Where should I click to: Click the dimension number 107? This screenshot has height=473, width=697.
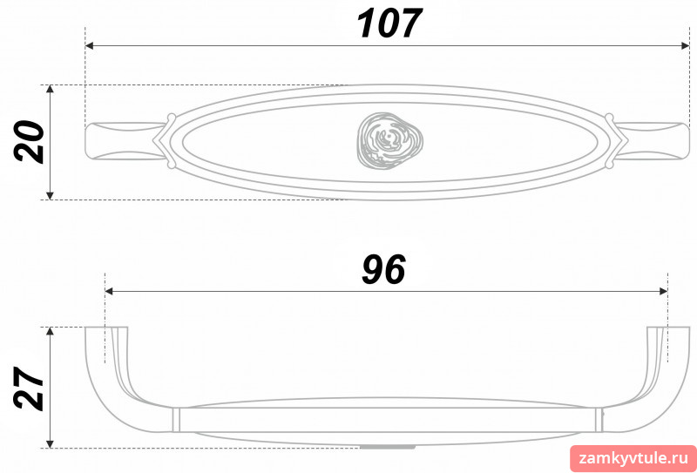coord(389,24)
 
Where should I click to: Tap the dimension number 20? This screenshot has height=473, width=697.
coord(30,142)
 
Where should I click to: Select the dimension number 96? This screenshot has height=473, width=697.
coord(383,270)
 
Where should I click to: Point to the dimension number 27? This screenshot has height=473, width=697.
coord(30,388)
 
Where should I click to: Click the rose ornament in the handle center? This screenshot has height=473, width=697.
coord(389,141)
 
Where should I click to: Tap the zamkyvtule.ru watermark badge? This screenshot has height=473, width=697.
coord(633,458)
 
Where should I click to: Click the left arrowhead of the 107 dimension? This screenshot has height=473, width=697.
coord(89,46)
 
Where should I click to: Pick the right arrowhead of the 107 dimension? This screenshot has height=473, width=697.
coord(685,46)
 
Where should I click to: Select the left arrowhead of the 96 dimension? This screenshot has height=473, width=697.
coord(109,291)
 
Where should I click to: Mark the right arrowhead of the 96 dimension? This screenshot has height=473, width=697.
coord(663,291)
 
